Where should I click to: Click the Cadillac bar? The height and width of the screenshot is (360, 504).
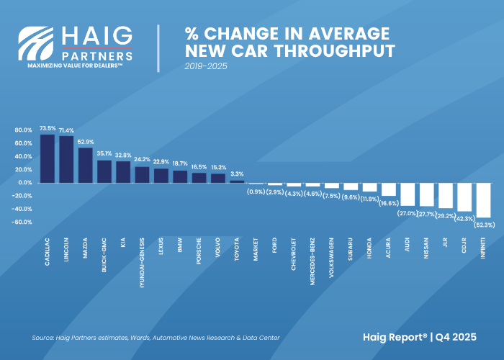tap(48, 158)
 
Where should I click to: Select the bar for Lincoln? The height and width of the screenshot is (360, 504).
tap(66, 159)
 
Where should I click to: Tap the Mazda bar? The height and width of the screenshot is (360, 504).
tap(85, 165)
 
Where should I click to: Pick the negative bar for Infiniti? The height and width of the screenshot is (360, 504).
tap(483, 200)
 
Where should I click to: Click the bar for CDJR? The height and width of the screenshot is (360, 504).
tap(464, 197)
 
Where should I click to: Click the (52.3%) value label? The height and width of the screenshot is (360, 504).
tap(483, 225)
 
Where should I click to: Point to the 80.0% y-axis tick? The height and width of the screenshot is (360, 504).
tap(23, 130)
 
